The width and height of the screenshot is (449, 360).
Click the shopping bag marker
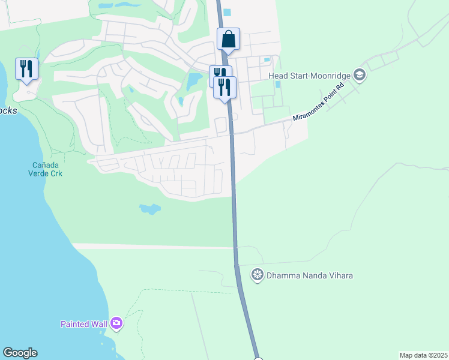coord(228,40)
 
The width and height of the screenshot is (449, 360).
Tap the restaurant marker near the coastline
coord(26,69)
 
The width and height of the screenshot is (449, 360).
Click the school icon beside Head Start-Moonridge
coord(360,75)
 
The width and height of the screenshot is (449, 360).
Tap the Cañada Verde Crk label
coord(47,169)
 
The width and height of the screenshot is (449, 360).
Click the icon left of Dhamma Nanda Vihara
coord(258,275)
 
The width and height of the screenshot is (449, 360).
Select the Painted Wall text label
coord(83,324)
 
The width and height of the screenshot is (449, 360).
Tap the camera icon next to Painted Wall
coord(116,324)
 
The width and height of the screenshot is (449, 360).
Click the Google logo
coord(20,353)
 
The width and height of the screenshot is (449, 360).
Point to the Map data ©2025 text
coord(423,355)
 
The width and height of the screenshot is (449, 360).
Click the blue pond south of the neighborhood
coord(150,209)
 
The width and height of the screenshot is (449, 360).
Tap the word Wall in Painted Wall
coord(98,324)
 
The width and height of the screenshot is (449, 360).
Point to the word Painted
coord(74,324)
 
